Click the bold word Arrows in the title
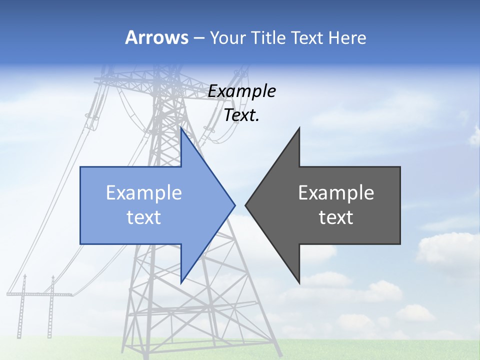pyautogui.click(x=156, y=37)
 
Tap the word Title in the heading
pyautogui.click(x=269, y=38)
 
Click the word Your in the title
pyautogui.click(x=228, y=38)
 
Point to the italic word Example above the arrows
pyautogui.click(x=242, y=91)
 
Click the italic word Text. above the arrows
pyautogui.click(x=242, y=115)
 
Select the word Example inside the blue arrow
pyautogui.click(x=144, y=193)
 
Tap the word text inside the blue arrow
pyautogui.click(x=144, y=217)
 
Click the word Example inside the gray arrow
pyautogui.click(x=336, y=193)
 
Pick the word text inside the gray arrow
pyautogui.click(x=336, y=217)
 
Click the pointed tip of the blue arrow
pyautogui.click(x=234, y=204)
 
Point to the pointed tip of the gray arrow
pyautogui.click(x=246, y=204)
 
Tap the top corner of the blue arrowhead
pyautogui.click(x=181, y=128)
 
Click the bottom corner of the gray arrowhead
pyautogui.click(x=299, y=282)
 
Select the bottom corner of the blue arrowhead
pyautogui.click(x=181, y=281)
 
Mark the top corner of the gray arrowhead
pyautogui.click(x=299, y=128)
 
